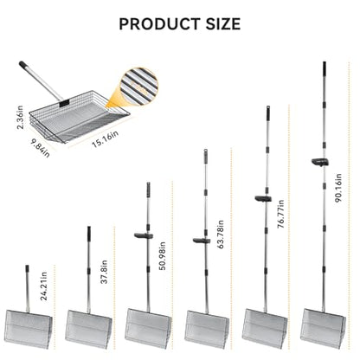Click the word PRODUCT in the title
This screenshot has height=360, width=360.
[159, 24]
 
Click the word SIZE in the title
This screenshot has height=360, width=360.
[223, 24]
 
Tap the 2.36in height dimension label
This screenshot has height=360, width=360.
[20, 117]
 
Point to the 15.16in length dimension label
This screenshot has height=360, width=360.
[105, 138]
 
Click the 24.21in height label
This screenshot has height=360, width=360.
[43, 286]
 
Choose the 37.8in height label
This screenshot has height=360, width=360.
[104, 272]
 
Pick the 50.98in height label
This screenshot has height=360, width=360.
[163, 256]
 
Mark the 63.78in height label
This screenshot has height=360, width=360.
[221, 235]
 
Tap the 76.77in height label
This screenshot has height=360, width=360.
[280, 214]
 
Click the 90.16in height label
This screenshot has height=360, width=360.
[338, 188]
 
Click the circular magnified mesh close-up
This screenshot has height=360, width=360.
[140, 86]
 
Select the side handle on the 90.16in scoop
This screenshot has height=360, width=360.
[320, 162]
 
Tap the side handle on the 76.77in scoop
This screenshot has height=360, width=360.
[263, 198]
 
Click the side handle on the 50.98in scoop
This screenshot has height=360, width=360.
[144, 235]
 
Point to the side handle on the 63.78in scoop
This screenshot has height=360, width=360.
[202, 241]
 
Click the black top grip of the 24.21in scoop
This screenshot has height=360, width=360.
[27, 268]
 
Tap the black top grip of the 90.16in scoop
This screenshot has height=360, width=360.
[325, 67]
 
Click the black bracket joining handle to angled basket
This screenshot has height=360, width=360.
[64, 102]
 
